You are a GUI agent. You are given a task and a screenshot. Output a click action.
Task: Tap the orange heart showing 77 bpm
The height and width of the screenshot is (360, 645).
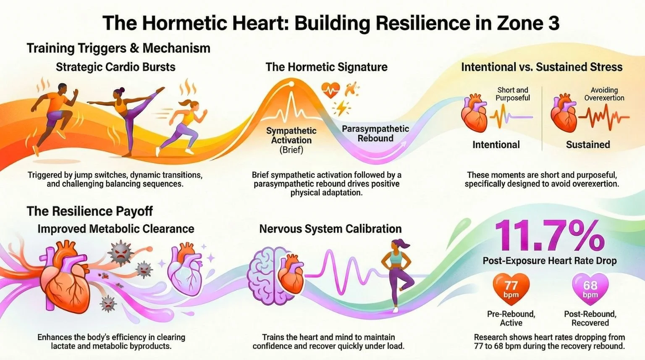pyautogui.click(x=511, y=289)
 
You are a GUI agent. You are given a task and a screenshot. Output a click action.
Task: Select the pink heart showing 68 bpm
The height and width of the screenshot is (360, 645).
pyautogui.click(x=590, y=289)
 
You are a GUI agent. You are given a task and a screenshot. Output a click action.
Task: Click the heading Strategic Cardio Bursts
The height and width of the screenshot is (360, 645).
pyautogui.click(x=115, y=67)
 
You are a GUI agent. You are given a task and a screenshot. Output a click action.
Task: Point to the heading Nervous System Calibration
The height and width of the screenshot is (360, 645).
pyautogui.click(x=330, y=229)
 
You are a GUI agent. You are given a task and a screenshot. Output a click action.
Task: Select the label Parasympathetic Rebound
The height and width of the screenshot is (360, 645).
pyautogui.click(x=375, y=134)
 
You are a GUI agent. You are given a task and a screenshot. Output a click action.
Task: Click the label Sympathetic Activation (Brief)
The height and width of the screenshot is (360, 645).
pyautogui.click(x=291, y=140)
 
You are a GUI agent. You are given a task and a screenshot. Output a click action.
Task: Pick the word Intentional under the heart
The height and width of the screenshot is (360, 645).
pyautogui.click(x=496, y=145)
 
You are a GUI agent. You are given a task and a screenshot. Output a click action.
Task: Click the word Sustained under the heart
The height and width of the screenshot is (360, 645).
pyautogui.click(x=587, y=145)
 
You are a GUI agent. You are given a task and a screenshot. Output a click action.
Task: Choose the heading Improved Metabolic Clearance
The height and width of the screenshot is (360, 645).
pyautogui.click(x=115, y=229)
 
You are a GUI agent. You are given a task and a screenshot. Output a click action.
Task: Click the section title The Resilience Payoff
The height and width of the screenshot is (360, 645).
pyautogui.click(x=89, y=211)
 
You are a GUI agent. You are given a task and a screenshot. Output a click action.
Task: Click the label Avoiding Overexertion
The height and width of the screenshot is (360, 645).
pyautogui.click(x=604, y=94)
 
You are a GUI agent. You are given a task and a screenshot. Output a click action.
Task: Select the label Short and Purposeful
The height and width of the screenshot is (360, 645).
pyautogui.click(x=513, y=94)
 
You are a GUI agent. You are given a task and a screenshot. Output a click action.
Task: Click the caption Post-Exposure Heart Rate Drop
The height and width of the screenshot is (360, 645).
pyautogui.click(x=549, y=261)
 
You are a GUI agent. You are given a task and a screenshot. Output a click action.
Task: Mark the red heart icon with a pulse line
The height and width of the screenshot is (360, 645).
pyautogui.click(x=330, y=90)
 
